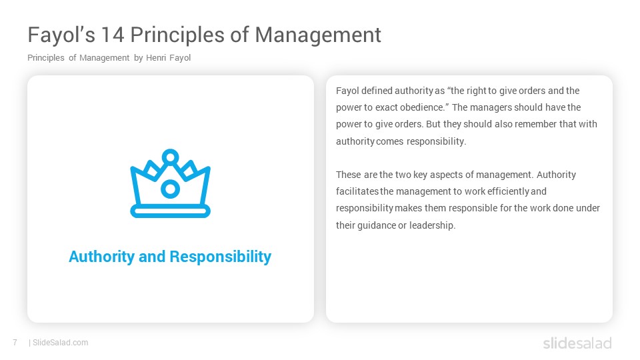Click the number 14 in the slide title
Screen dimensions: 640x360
[x=113, y=35]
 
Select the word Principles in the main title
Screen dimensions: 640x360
[x=177, y=35]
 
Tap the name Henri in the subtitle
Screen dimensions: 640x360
[x=156, y=58]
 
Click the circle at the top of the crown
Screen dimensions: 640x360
[x=170, y=157]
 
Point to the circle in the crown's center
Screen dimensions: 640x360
[x=170, y=189]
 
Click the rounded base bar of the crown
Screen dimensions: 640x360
[x=170, y=211]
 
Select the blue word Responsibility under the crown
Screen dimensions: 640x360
[x=221, y=257]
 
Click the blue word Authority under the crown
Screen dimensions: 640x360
[x=101, y=257]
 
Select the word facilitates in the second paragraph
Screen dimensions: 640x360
[x=357, y=191]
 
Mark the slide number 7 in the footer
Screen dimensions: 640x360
[x=15, y=343]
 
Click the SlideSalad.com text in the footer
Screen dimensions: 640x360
[x=61, y=343]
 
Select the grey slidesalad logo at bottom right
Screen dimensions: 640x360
[x=577, y=343]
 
